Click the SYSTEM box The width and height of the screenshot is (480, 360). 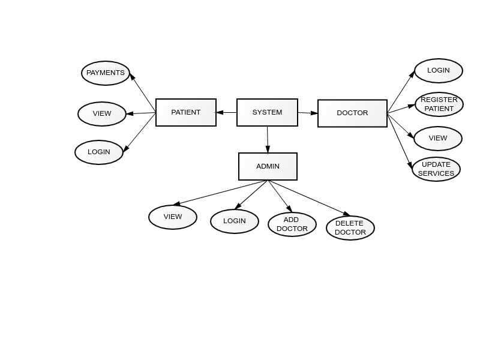[x=267, y=112]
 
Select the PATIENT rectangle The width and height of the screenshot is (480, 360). [x=186, y=112]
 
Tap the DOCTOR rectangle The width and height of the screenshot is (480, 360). [x=352, y=113]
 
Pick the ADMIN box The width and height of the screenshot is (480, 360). [x=268, y=166]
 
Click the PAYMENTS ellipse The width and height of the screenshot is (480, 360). [x=106, y=73]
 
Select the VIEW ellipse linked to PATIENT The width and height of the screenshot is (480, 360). [x=102, y=114]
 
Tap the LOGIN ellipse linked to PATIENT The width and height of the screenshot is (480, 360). [x=99, y=152]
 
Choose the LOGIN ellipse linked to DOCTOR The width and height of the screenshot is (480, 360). [x=439, y=71]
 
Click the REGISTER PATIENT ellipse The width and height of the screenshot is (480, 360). [x=439, y=104]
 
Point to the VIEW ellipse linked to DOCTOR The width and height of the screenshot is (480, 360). [x=438, y=139]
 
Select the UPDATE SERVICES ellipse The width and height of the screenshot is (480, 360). [x=436, y=169]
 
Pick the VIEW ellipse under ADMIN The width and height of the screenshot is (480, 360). [x=173, y=217]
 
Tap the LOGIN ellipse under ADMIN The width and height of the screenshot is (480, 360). [x=235, y=221]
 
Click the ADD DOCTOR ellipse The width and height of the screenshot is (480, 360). [x=292, y=224]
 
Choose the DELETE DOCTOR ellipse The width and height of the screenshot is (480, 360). [x=350, y=228]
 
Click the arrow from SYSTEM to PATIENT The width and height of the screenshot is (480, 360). [x=227, y=112]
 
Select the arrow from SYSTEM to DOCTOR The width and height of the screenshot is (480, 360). [x=308, y=113]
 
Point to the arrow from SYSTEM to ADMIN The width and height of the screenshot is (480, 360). [x=268, y=140]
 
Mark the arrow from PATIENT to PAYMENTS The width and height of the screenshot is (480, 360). [x=143, y=93]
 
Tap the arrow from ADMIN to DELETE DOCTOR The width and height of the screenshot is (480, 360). [x=309, y=197]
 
